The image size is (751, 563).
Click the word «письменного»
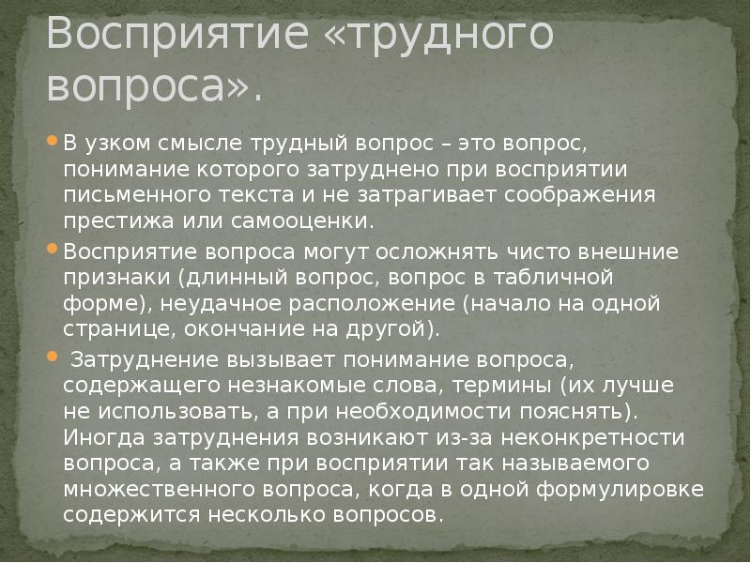point(117,196)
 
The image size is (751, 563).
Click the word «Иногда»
point(100,437)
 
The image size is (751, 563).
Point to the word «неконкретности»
point(613,437)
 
